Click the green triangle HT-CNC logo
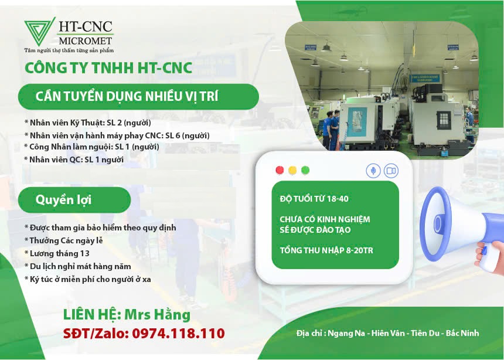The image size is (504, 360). tap(40, 31)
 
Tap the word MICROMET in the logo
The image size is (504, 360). tap(85, 41)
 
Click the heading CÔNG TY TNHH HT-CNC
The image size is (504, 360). tap(108, 68)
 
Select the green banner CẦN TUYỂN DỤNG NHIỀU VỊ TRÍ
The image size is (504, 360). tap(138, 97)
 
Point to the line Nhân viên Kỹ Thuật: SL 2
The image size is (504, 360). tap(88, 123)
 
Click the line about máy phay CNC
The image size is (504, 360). tap(117, 135)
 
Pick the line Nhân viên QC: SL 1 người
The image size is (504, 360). tap(74, 159)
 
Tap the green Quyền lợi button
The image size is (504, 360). tap(74, 200)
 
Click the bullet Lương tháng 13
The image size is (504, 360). tap(57, 253)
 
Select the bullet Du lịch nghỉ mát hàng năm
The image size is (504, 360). tap(78, 266)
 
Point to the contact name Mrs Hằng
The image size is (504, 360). tap(157, 314)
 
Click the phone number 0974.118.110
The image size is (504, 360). tap(178, 333)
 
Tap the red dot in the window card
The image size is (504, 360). tap(280, 170)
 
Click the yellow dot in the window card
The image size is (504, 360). tap(292, 170)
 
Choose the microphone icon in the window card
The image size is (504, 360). tap(373, 171)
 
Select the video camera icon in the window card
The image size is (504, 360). tap(391, 171)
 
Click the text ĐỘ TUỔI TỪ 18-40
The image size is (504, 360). tap(314, 199)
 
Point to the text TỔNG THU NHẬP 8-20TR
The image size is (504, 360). tap(326, 250)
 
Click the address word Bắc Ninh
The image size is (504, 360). tap(462, 333)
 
